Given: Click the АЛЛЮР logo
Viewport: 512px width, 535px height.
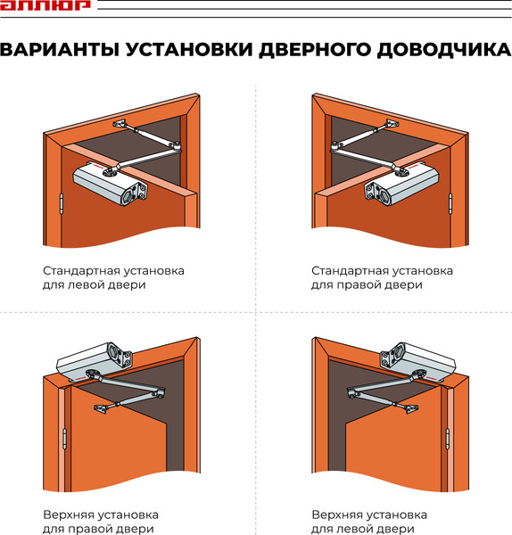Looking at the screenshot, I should click(45, 6).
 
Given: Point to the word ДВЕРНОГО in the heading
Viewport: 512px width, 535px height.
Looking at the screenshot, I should click(309, 51).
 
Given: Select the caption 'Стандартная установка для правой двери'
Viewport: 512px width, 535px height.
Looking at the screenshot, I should click(382, 277).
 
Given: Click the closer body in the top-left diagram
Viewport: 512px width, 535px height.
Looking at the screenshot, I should click(111, 184).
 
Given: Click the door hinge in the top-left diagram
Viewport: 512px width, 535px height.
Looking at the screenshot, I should click(60, 204).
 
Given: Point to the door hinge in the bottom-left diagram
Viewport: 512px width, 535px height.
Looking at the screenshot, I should click(65, 439).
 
